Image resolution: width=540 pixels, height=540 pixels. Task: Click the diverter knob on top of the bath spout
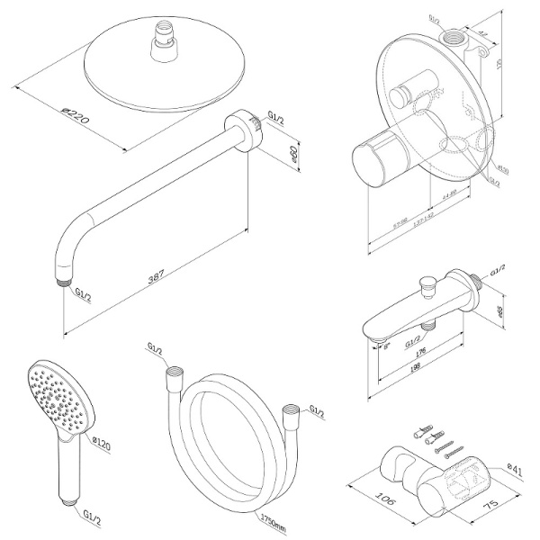pyautogui.click(x=428, y=286)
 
